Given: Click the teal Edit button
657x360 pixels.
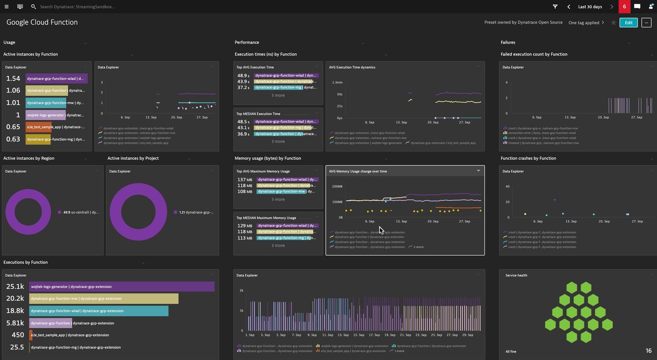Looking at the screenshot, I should tap(628, 23).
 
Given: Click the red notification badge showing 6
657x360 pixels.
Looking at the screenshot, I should tap(624, 7).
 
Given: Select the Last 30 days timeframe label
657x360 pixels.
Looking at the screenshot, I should tap(590, 7).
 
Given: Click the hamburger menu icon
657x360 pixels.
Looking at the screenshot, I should tap(6, 7).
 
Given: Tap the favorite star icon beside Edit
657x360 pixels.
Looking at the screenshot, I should tap(613, 23).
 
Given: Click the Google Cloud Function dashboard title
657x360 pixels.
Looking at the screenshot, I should tap(42, 22).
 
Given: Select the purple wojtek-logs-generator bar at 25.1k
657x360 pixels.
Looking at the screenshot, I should tap(122, 287).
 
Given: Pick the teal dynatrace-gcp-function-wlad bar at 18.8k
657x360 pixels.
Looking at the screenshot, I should tap(99, 311).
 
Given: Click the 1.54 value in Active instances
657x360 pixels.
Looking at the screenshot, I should tap(13, 78).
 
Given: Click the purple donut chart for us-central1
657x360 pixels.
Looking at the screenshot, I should tap(28, 212).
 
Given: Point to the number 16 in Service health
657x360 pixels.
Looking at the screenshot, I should tap(648, 351).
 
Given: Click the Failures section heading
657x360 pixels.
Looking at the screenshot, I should tap(507, 42).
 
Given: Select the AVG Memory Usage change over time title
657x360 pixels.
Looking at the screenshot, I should tap(357, 171).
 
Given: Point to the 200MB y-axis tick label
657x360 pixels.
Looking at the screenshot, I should tap(337, 186).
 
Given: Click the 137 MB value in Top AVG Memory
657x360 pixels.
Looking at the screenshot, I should tap(245, 180).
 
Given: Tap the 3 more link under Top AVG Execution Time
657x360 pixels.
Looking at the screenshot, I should tap(278, 95).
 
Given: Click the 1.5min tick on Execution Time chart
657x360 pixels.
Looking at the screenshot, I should tap(337, 82).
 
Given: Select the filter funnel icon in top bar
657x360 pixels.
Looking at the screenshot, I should tap(555, 7).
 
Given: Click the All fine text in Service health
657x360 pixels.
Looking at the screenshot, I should tap(511, 351).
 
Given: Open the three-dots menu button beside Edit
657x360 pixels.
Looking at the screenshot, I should tap(646, 23).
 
